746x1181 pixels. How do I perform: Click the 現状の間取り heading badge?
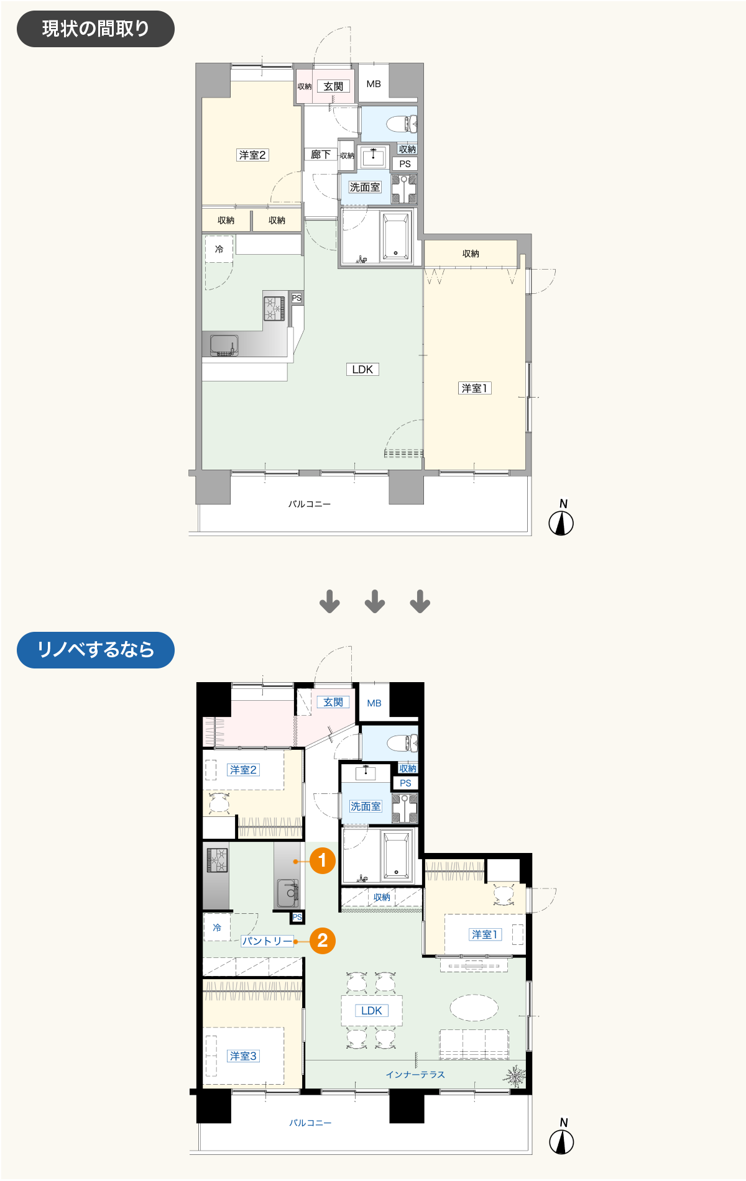tap(95, 29)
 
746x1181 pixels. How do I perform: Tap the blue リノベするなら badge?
tap(95, 650)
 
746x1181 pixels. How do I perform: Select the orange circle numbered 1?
tap(323, 860)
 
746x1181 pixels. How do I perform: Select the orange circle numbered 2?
tap(323, 941)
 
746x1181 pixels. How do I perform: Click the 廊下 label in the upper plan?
tap(321, 154)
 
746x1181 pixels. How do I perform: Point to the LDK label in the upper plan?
tap(362, 369)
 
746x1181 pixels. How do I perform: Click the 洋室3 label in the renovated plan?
tap(243, 1056)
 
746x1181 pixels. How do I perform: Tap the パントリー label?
tap(267, 941)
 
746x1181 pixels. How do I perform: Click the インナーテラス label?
tap(415, 1074)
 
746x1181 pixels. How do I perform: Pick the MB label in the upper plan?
tap(374, 84)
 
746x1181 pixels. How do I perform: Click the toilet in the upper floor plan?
tap(402, 124)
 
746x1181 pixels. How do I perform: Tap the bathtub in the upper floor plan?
tap(395, 236)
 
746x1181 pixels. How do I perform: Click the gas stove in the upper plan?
tap(274, 308)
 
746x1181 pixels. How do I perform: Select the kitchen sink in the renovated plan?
tap(288, 892)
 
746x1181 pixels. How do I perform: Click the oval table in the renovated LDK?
tap(474, 1008)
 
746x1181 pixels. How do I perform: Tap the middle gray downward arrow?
tap(375, 601)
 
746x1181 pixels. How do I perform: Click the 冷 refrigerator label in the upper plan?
tap(219, 249)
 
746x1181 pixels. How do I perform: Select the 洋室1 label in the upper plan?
tap(474, 388)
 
